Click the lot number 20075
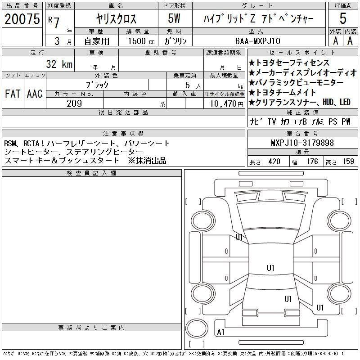22,19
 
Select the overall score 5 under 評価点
343,18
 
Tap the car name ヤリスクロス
116,18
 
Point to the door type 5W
174,18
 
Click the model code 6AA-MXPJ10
257,41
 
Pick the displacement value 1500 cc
141,41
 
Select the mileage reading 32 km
59,64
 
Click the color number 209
74,103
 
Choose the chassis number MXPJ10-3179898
302,143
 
